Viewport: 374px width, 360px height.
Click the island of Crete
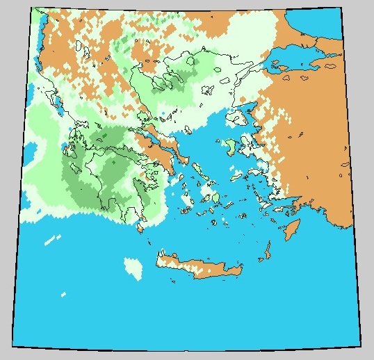(x=198, y=267)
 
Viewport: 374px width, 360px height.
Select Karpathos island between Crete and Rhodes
(x=266, y=251)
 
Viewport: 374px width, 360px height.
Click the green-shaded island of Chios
(x=231, y=149)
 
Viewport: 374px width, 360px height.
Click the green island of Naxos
(x=216, y=199)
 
